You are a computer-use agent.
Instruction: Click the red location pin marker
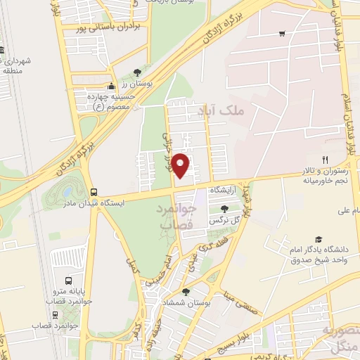point(181,165)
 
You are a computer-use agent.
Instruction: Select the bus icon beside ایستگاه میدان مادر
point(94,192)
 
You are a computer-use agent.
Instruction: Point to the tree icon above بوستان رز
point(138,72)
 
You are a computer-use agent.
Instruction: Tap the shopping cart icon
point(282,32)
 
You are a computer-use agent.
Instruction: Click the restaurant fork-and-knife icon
point(325,159)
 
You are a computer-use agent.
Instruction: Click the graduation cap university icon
point(319,240)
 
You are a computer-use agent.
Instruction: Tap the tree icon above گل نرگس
point(224,208)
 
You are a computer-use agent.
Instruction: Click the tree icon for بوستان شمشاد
point(186,292)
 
